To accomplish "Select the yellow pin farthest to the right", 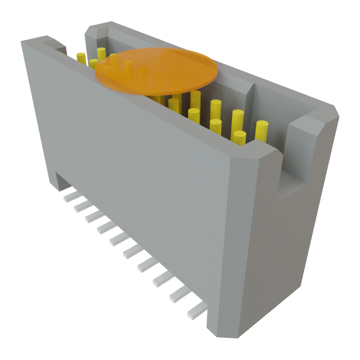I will [262, 130].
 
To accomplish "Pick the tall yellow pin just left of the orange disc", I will [101, 54].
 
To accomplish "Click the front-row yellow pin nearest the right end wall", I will [239, 138].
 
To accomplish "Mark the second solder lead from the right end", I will [179, 295].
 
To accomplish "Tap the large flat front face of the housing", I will [141, 176].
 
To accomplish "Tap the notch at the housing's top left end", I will [56, 46].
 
